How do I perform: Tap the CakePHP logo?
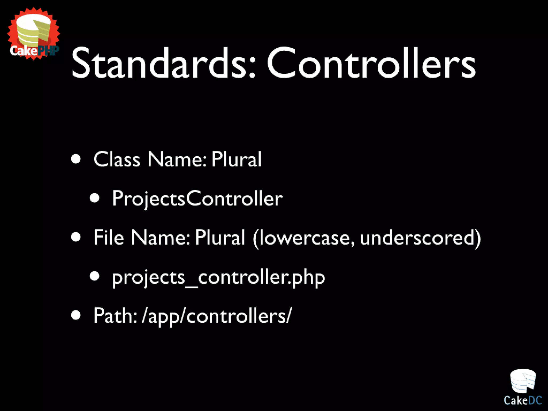pos(34,33)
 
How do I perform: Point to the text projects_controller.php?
pos(218,277)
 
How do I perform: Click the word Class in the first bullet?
pos(117,159)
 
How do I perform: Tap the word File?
pos(109,237)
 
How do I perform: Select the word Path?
pos(115,316)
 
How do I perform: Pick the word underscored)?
pos(420,238)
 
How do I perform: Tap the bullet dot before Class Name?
pos(76,159)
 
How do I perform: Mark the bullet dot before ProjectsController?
pos(94,198)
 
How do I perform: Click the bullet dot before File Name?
pos(76,237)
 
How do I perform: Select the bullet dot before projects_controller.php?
pos(94,276)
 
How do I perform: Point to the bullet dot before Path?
pos(76,315)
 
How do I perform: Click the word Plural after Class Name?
pos(236,159)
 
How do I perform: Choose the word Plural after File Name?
pos(220,237)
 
